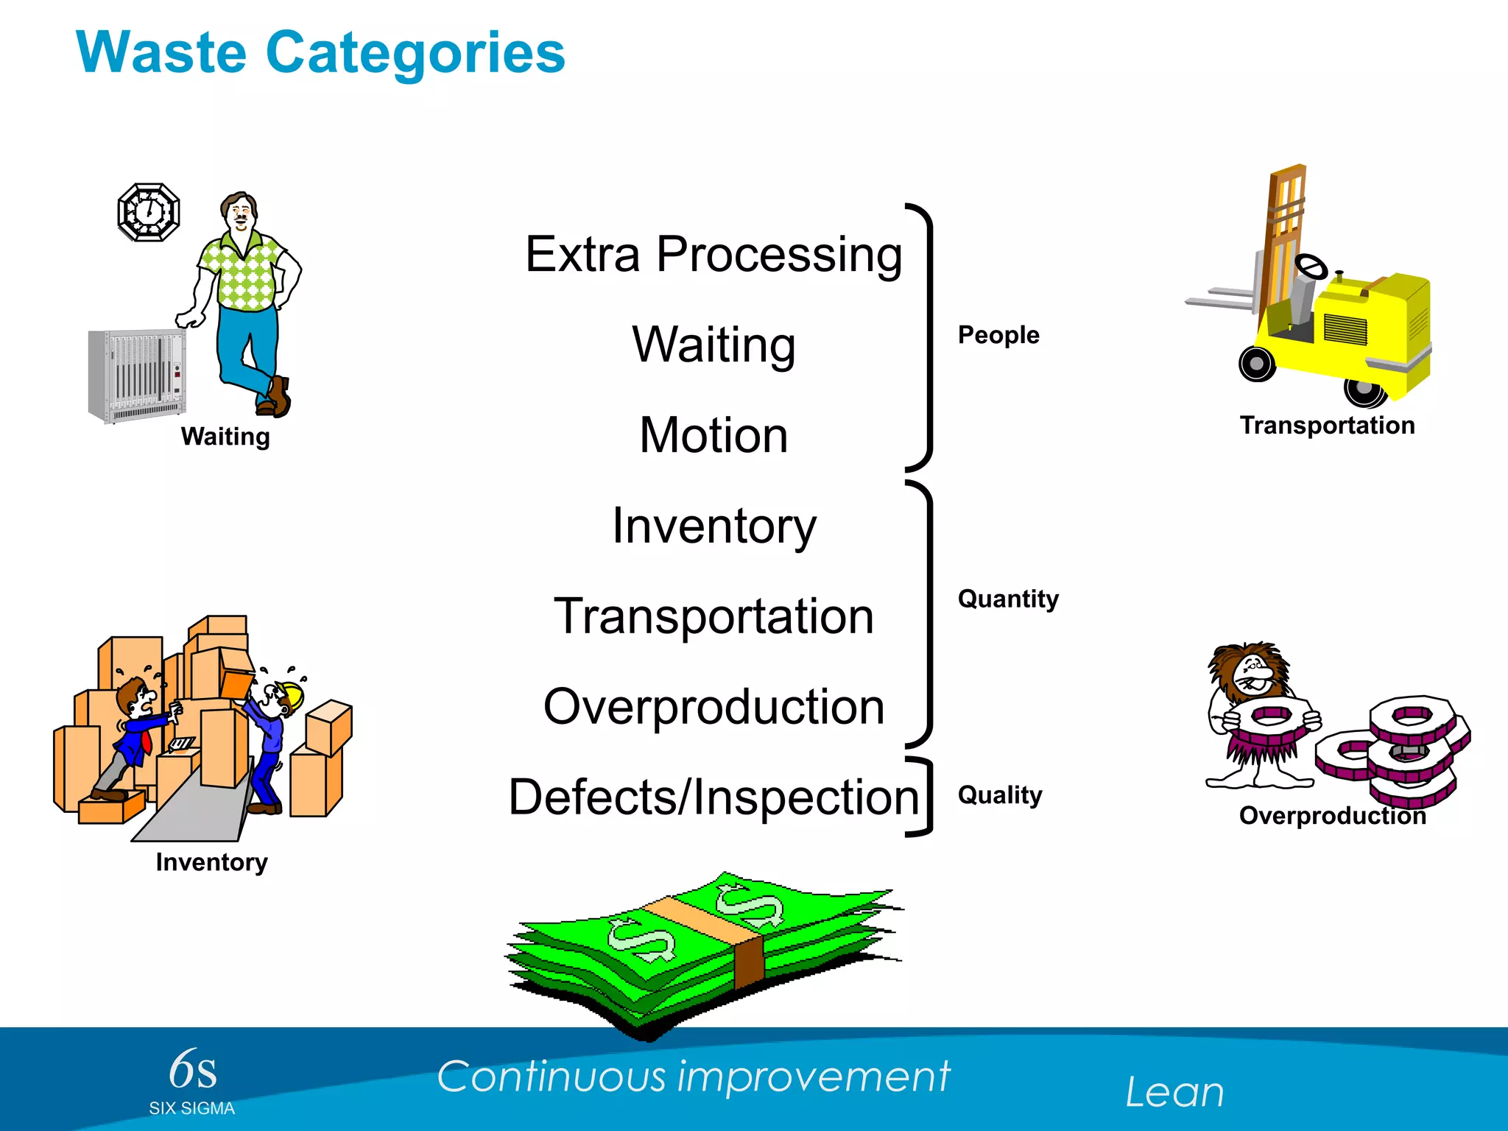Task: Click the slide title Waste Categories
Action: pos(320,53)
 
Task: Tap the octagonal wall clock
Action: pos(149,212)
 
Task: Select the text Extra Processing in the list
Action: pos(713,255)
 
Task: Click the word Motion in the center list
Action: pos(713,435)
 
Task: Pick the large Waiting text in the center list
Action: pos(713,345)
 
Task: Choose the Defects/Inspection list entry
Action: pos(713,797)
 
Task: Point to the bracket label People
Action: pos(998,335)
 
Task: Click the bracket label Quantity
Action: pos(1007,599)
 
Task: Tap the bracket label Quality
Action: pos(999,795)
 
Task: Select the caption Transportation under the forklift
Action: pos(1327,426)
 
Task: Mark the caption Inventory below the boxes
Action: pos(211,862)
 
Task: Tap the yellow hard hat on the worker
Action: pos(292,694)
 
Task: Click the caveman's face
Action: pos(1255,674)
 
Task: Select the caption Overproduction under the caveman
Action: pos(1332,816)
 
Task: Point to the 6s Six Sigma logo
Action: pos(192,1081)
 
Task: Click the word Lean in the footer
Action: pos(1174,1092)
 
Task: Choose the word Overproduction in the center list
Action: pos(713,707)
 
